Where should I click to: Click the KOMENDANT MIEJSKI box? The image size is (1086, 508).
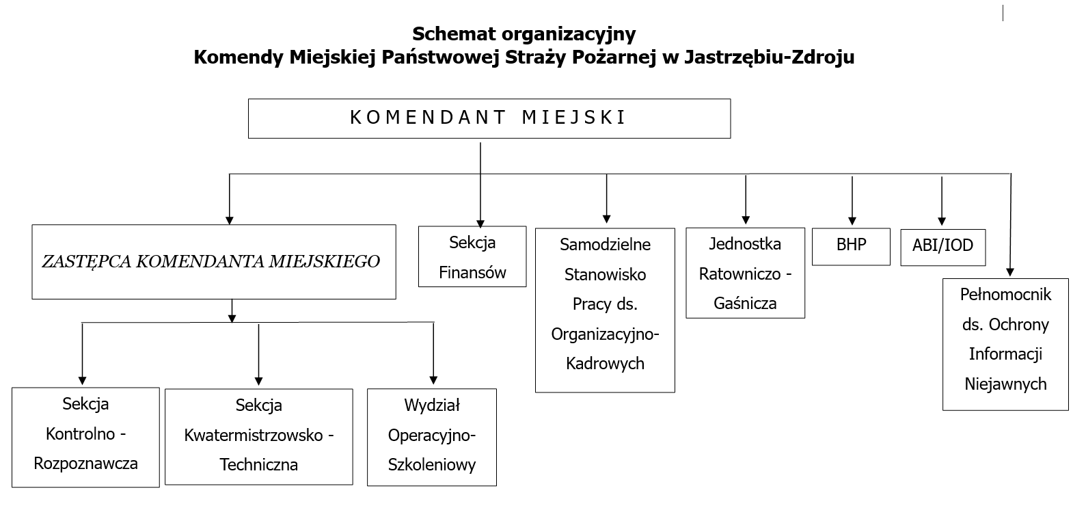click(x=489, y=118)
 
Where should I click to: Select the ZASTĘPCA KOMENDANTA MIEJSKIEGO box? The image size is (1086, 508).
click(x=213, y=262)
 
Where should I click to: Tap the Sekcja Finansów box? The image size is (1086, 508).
click(x=472, y=256)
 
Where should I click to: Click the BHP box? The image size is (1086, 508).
click(x=851, y=245)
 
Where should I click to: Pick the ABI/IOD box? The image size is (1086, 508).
click(x=942, y=246)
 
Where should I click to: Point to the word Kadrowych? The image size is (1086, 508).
click(x=605, y=364)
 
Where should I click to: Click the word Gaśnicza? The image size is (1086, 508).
click(x=745, y=304)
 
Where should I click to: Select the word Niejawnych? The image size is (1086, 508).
click(x=1005, y=384)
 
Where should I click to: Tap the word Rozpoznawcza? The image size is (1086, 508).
click(x=85, y=464)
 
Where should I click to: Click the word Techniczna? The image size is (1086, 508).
click(x=258, y=465)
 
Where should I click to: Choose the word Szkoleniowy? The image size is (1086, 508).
click(x=431, y=466)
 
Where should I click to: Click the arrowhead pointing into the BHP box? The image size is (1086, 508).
click(x=852, y=221)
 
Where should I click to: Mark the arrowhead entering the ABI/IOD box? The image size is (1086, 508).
click(x=942, y=221)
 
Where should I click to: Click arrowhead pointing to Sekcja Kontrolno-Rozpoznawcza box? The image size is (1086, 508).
click(x=83, y=380)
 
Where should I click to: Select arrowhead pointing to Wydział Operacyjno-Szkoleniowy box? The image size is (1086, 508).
click(x=433, y=380)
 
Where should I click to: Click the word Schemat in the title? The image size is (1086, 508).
click(x=454, y=34)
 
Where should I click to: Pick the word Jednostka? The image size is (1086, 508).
click(x=745, y=244)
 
